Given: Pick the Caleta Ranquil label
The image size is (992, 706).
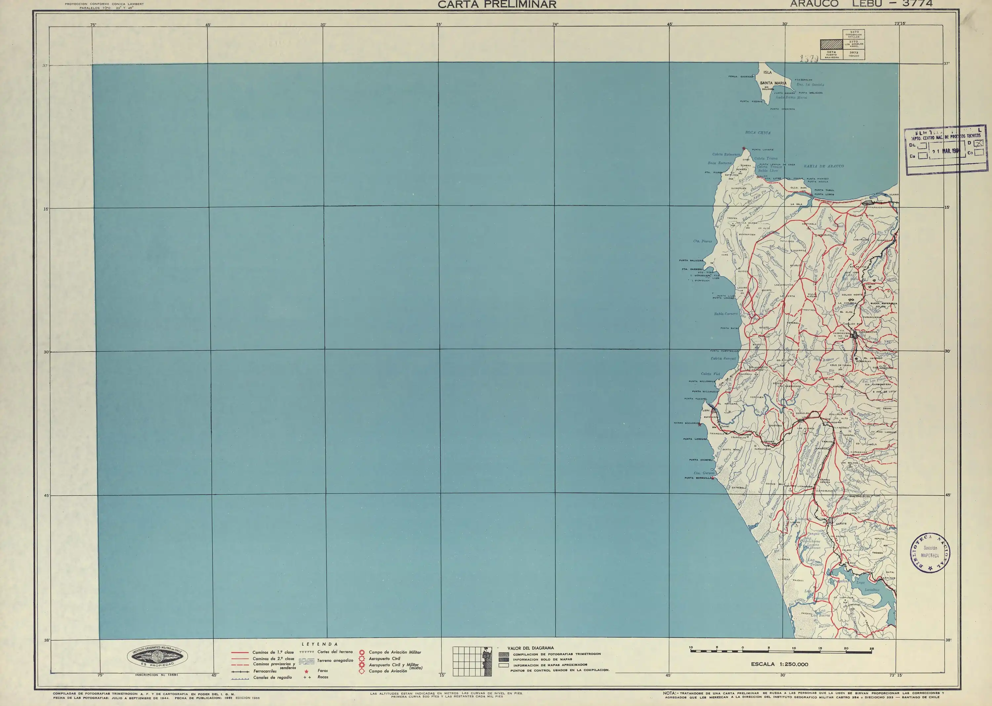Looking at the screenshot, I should tap(723, 359).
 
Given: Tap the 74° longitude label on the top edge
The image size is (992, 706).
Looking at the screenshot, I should tap(555, 24).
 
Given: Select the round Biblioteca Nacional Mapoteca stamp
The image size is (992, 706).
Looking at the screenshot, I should tap(930, 552).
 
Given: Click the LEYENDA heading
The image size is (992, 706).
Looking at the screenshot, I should tap(320, 644).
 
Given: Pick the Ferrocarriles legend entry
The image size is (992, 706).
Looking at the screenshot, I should tap(265, 672).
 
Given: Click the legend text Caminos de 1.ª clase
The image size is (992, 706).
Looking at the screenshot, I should tap(273, 652).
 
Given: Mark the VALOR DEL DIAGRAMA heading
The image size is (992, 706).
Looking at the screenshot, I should tap(530, 648).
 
